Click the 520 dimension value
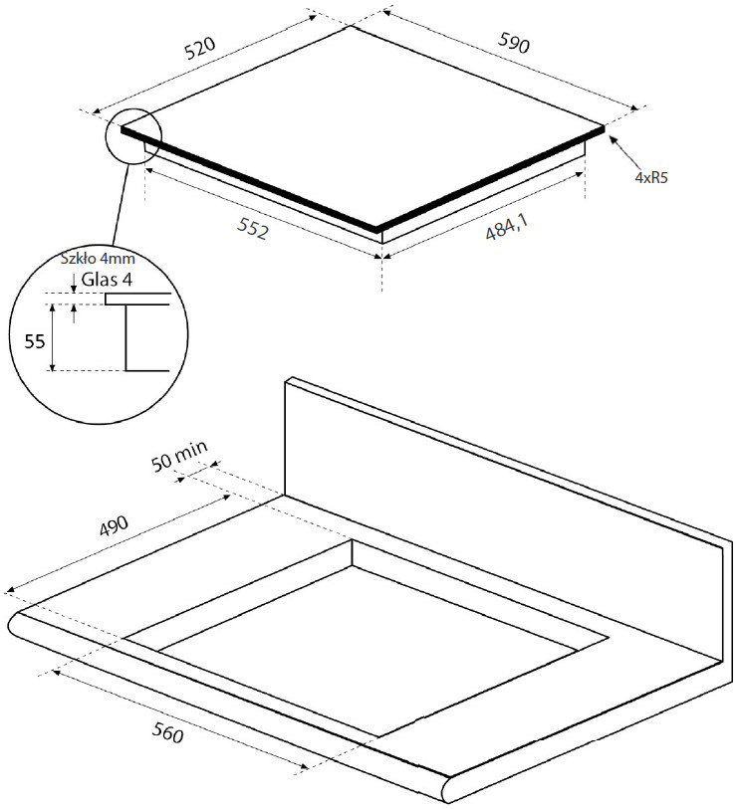200,47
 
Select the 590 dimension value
514,43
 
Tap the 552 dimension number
253,228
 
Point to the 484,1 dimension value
507,228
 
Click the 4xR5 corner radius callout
651,178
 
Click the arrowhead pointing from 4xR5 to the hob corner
613,138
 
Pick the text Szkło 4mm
98,258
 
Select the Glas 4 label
107,280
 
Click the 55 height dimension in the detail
35,341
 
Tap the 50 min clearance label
179,456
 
